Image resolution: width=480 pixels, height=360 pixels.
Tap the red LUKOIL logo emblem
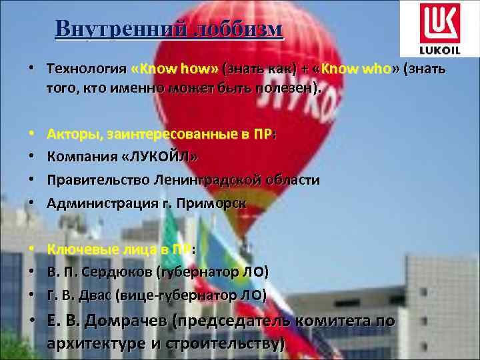pos(439,22)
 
